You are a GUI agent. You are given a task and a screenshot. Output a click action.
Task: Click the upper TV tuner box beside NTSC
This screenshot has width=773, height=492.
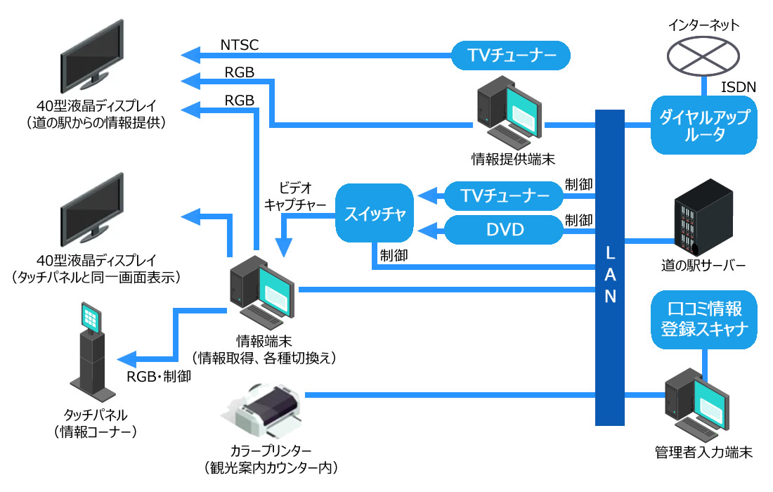510,55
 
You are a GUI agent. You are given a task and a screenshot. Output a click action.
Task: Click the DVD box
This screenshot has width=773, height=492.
504,229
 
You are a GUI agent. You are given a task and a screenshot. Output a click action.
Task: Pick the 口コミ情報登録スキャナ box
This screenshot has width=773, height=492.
703,318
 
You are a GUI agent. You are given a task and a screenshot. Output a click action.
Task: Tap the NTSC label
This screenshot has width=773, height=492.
240,46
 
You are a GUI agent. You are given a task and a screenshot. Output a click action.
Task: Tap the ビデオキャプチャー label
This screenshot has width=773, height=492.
295,196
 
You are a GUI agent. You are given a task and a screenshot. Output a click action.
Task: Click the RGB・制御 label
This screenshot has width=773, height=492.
159,376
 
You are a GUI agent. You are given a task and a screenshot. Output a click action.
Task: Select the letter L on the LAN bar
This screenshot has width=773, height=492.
610,251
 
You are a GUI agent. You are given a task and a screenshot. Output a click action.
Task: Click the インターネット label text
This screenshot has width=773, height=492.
703,25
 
